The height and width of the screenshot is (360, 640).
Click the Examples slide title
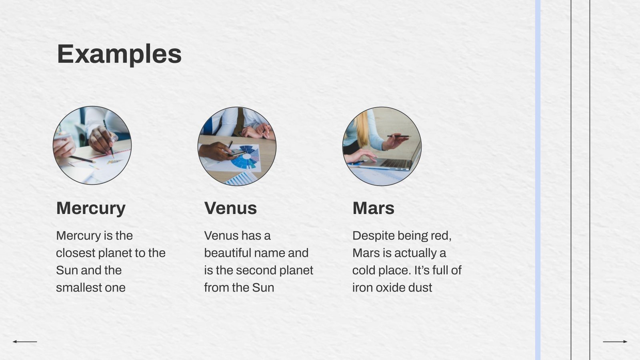point(120,54)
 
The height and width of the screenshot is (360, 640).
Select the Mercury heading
point(91,208)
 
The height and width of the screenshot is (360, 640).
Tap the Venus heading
point(230,208)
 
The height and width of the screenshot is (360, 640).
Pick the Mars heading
point(374,208)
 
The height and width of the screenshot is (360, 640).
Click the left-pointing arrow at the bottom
point(25,342)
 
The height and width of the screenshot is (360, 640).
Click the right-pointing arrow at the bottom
point(615,342)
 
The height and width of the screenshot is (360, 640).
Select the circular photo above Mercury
point(92,146)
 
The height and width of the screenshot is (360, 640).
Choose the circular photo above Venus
point(237,146)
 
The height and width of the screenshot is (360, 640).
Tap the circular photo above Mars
point(382,146)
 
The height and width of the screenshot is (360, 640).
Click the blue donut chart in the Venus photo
point(245,157)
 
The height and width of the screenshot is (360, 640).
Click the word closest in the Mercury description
point(76,253)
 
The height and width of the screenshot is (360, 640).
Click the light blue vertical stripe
point(538,180)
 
